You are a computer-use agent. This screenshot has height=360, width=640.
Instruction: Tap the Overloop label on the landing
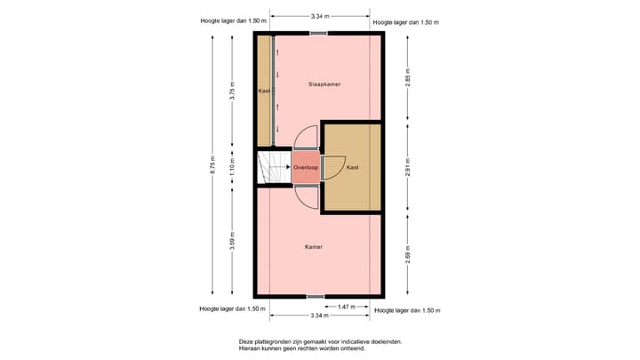tap(306, 167)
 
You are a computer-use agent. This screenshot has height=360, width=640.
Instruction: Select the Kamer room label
tap(313, 247)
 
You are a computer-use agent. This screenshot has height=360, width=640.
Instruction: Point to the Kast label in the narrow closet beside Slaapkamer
tap(264, 92)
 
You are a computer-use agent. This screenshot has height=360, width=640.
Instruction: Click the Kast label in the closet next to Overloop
tap(352, 167)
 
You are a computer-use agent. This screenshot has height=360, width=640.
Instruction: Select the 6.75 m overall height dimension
tap(212, 166)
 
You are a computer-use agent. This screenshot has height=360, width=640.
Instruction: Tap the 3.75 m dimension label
tap(232, 97)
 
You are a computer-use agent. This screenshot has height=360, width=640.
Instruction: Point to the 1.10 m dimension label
tap(232, 166)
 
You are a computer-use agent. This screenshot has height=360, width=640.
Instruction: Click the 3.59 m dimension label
tap(232, 241)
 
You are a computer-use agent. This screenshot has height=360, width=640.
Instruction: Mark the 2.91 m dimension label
tap(407, 168)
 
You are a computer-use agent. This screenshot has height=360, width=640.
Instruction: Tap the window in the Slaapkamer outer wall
tap(318, 34)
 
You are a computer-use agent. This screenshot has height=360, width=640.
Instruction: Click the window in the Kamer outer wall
tap(316, 296)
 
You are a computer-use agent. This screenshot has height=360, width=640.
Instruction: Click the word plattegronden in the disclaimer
tap(285, 341)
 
